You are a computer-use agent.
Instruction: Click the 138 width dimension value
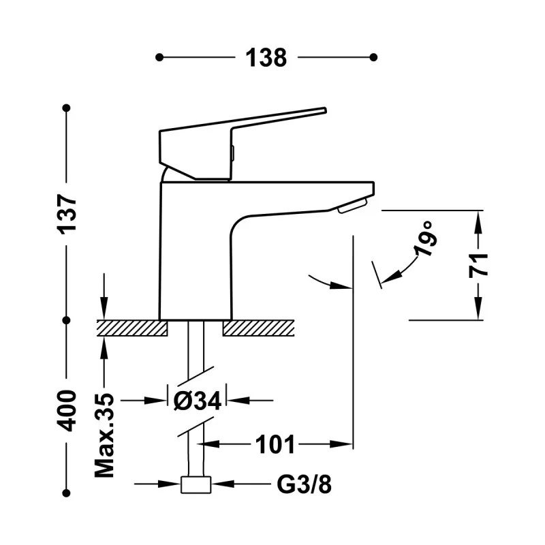[x=266, y=58]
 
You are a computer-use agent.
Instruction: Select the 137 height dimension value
[x=67, y=213]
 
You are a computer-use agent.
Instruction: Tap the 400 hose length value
[x=67, y=410]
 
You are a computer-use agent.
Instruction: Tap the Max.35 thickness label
[x=104, y=434]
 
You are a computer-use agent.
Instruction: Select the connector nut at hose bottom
[x=197, y=484]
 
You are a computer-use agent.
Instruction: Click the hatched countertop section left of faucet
[x=132, y=328]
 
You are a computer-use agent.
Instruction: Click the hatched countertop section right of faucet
[x=258, y=328]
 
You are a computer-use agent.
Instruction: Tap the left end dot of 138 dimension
[x=159, y=57]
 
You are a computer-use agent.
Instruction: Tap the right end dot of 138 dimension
[x=373, y=57]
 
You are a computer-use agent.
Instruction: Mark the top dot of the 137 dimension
[x=67, y=108]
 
